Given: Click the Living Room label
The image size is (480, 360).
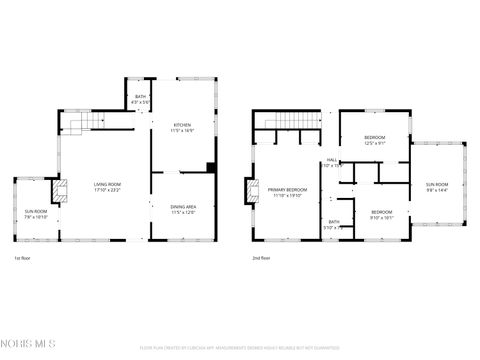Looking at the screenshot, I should [107, 187].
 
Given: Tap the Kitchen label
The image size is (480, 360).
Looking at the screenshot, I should [182, 127].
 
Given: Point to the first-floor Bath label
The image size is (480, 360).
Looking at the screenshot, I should [140, 99].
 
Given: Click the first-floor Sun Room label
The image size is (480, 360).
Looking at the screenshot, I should [35, 214].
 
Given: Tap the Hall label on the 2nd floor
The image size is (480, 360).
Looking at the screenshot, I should [332, 162].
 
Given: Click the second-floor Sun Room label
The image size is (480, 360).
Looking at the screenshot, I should [437, 187].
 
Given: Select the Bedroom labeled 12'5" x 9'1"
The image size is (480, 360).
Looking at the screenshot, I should [374, 139].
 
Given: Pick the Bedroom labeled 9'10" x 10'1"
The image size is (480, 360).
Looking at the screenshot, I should [382, 214].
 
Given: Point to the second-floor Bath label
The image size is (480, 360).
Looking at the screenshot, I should [334, 225].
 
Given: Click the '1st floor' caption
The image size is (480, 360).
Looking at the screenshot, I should [21, 259].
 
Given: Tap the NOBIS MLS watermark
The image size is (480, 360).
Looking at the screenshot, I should [28, 345].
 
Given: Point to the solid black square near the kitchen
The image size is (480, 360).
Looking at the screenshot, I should [210, 167].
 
